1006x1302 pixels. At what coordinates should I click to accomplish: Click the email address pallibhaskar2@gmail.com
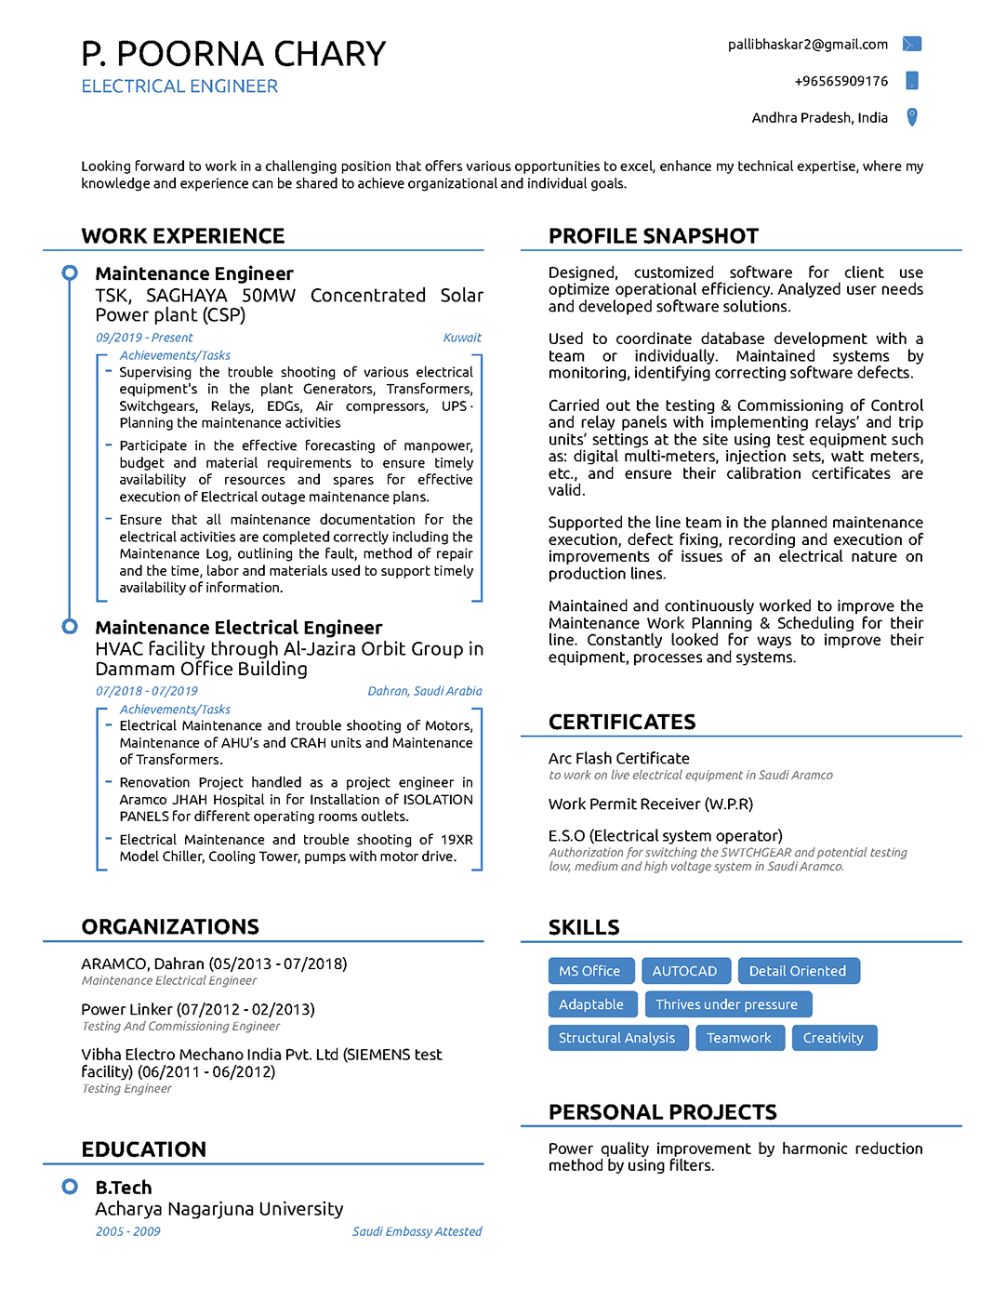(807, 45)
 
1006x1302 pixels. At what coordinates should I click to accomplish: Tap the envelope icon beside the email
(912, 44)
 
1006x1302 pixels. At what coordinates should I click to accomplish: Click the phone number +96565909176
(841, 81)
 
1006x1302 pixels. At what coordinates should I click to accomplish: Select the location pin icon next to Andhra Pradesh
(912, 117)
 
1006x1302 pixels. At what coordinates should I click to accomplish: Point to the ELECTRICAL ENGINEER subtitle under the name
(179, 86)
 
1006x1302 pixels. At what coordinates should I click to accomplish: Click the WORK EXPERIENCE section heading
(183, 236)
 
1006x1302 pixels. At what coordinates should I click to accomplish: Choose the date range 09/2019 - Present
(144, 338)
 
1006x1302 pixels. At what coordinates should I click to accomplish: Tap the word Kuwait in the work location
(462, 338)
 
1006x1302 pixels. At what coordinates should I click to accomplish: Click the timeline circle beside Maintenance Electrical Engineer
(70, 627)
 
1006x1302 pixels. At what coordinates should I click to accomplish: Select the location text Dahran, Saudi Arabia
(424, 691)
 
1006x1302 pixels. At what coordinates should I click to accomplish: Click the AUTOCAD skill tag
(685, 971)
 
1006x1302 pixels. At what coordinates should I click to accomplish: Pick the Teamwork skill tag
(739, 1038)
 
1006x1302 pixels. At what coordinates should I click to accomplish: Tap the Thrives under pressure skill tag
(727, 1004)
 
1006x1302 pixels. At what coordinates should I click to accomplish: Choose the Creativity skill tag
(833, 1038)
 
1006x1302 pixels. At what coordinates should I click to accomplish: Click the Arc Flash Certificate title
(619, 759)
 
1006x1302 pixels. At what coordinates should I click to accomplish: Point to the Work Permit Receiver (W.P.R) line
(651, 804)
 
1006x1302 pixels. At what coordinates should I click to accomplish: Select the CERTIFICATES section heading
(622, 723)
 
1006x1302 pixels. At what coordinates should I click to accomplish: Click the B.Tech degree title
(124, 1188)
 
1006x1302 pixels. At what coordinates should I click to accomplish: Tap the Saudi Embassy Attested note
(417, 1231)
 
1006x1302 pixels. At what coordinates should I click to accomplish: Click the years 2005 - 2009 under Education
(127, 1231)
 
